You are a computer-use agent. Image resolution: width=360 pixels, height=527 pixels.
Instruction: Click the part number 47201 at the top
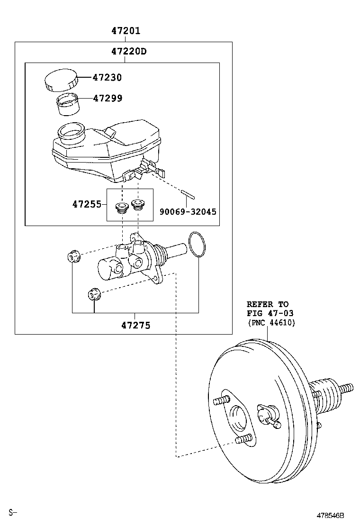pos(126,31)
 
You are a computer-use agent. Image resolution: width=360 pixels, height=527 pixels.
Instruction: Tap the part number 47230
pos(107,77)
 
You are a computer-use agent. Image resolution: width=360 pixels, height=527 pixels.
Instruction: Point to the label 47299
pos(107,98)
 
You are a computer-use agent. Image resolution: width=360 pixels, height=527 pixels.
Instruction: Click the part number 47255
pos(87,204)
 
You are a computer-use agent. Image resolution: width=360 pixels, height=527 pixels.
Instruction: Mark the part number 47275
pos(135,326)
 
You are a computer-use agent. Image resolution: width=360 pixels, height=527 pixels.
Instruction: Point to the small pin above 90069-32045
pos(187,194)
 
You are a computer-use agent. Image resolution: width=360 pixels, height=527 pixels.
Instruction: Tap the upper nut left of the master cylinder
pos(73,257)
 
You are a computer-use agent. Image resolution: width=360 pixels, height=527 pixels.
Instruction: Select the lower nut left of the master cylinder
pos(93,295)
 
